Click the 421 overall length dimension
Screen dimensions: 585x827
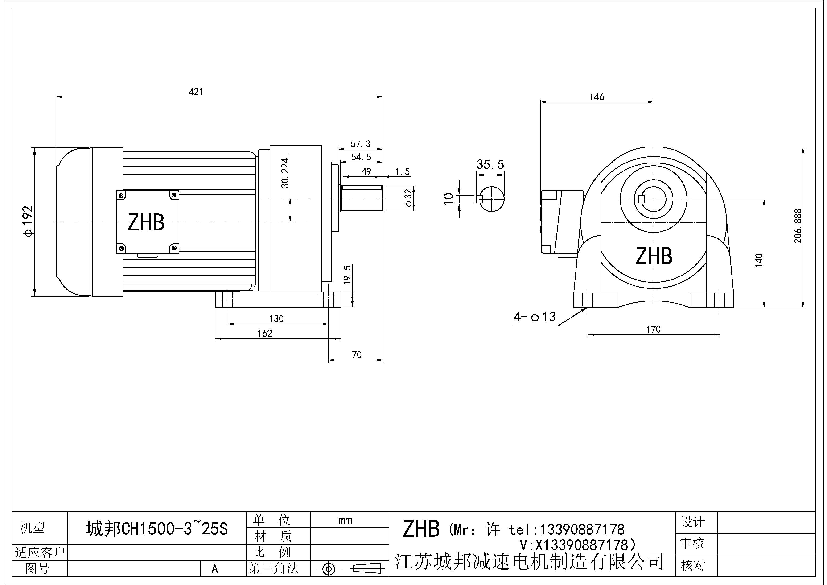pos(196,92)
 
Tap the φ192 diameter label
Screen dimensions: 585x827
pos(28,221)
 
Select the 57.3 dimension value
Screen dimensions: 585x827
pos(361,144)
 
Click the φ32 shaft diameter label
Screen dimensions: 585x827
pos(408,198)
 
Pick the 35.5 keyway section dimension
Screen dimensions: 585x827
pos(490,165)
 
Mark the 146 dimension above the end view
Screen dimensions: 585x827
pos(597,97)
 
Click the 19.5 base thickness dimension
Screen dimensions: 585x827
pos(347,275)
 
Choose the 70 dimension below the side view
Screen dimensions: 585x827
pos(357,355)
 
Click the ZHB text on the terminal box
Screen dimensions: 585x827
pos(146,222)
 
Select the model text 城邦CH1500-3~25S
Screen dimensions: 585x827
pos(157,529)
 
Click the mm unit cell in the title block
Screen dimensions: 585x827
pos(345,520)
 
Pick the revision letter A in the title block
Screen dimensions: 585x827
pos(215,569)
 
